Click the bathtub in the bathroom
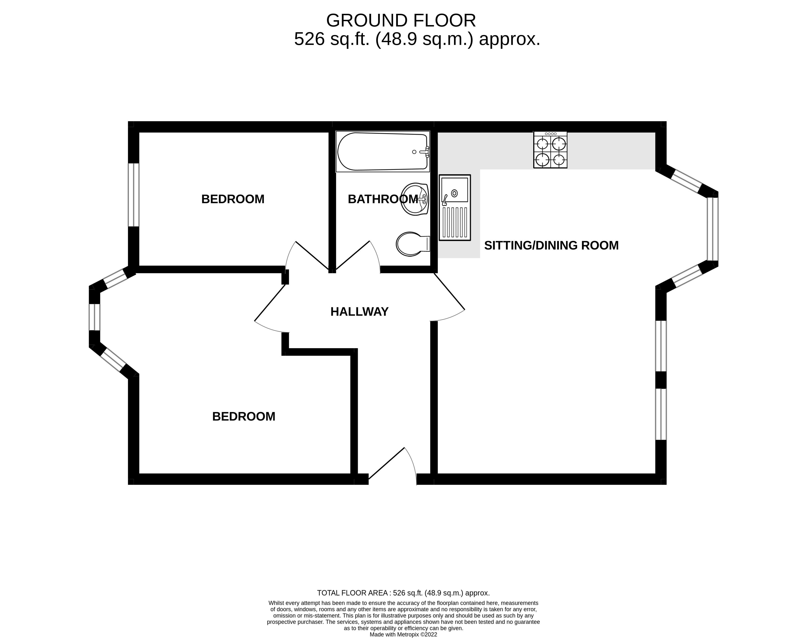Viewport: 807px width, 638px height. coord(383,151)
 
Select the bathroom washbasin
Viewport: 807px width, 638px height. coord(415,199)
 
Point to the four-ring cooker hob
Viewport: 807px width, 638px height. coord(550,149)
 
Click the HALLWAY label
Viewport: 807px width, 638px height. coord(359,312)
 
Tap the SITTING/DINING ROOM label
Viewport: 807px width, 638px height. coord(551,245)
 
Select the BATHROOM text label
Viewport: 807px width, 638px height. coord(383,199)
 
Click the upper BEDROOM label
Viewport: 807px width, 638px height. coord(233,199)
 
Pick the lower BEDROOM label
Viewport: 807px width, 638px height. coord(244,417)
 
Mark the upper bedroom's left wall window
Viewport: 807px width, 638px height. coord(133,195)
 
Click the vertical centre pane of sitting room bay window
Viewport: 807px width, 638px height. coord(713,229)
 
